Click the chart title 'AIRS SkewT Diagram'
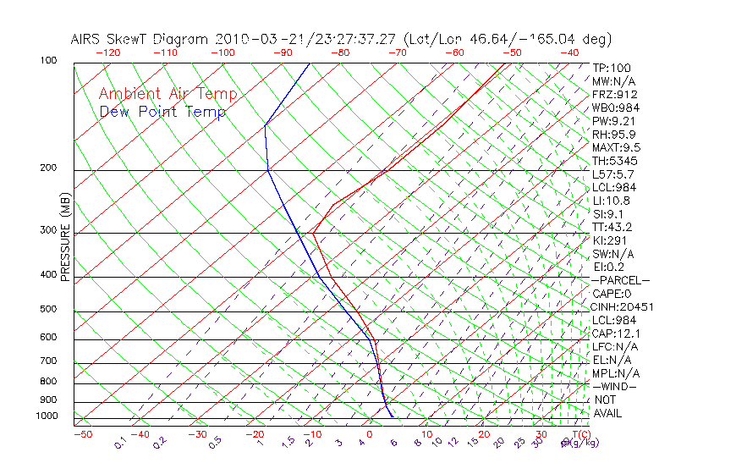140,40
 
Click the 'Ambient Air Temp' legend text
168,94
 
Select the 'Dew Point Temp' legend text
162,112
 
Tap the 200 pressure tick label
48,168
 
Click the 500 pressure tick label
48,310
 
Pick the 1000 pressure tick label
46,416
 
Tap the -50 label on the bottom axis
82,434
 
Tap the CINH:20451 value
623,306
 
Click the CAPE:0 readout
612,293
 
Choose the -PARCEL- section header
621,280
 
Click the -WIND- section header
615,386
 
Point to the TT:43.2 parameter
612,227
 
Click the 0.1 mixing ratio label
121,444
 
